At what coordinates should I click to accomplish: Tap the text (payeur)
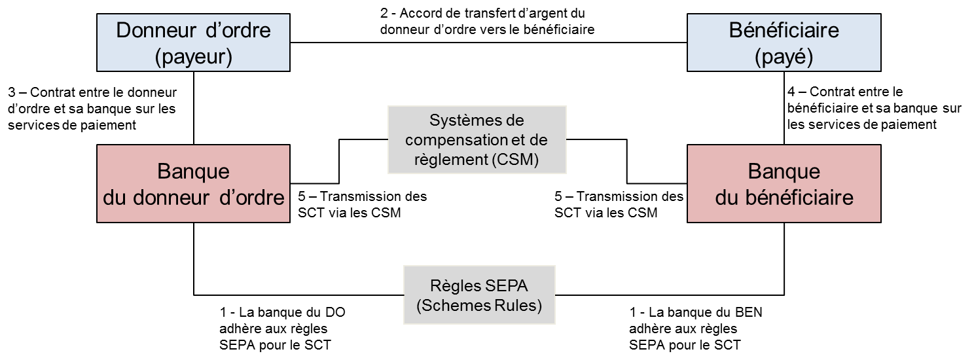[193, 57]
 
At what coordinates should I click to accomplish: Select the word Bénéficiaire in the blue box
[784, 31]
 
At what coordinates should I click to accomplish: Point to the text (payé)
[784, 57]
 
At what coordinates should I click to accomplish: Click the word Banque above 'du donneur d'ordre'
[193, 171]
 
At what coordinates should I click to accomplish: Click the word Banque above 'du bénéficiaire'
[784, 171]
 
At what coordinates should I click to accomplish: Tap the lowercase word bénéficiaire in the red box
[799, 198]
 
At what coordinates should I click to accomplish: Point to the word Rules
[519, 306]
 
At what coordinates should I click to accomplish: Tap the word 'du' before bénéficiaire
[727, 198]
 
